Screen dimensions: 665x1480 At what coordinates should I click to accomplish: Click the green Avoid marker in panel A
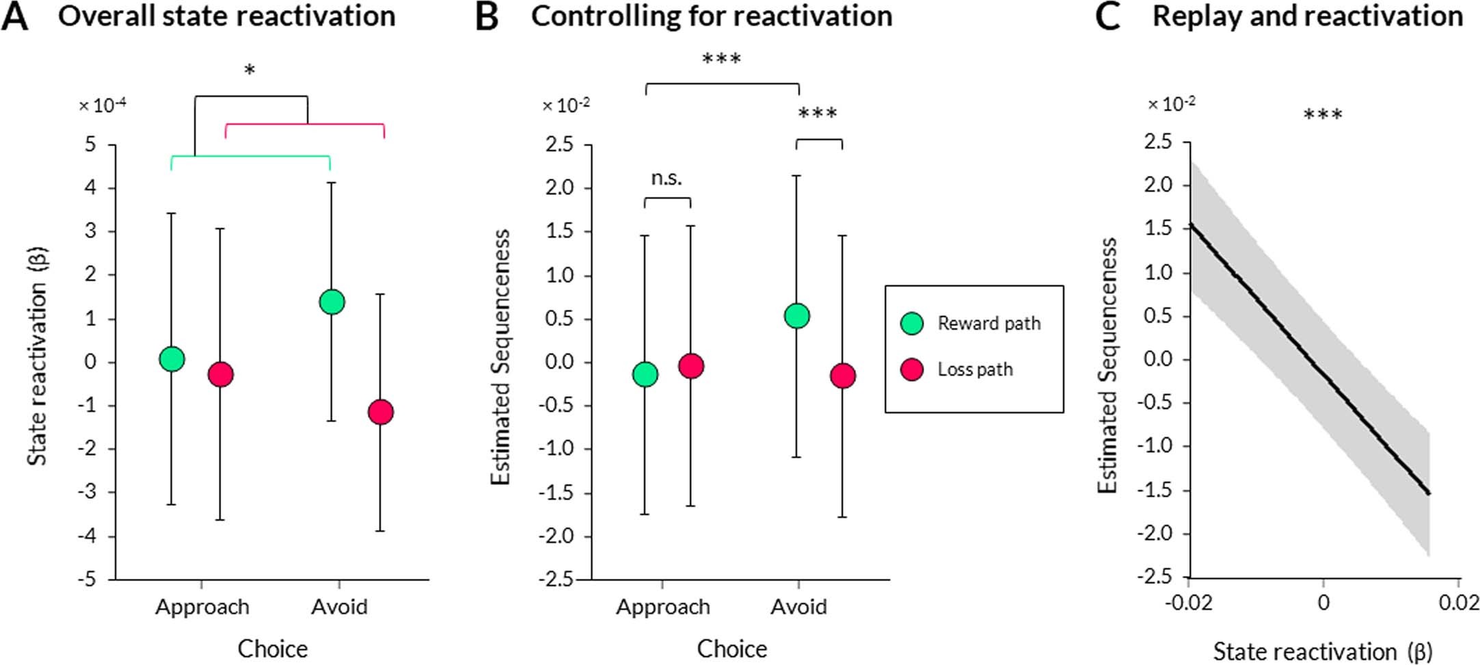tap(332, 302)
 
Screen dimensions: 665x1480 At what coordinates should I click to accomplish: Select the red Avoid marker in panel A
tap(380, 412)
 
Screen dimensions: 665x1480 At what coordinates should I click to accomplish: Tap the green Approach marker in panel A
tap(172, 358)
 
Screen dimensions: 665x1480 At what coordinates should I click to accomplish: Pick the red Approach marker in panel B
tap(690, 366)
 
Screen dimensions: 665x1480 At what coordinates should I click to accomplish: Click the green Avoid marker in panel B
tap(797, 316)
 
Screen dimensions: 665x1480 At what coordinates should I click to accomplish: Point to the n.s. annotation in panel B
tap(667, 179)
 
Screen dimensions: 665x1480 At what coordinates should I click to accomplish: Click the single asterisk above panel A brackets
tap(250, 70)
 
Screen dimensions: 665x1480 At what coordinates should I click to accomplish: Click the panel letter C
tap(1107, 16)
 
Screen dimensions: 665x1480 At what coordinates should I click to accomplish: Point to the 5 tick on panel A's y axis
tap(90, 145)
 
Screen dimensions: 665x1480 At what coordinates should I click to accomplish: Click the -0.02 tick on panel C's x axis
tap(1188, 603)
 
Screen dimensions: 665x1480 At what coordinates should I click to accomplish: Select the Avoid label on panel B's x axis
tap(798, 607)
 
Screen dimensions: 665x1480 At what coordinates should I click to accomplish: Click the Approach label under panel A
tap(202, 607)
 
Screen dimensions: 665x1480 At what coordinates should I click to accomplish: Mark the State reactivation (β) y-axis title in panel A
tap(37, 356)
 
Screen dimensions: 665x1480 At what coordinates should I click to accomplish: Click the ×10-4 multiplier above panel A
tap(103, 105)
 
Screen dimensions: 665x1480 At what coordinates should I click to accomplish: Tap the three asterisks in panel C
tap(1323, 114)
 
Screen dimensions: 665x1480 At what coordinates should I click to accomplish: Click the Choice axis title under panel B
tap(731, 649)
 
